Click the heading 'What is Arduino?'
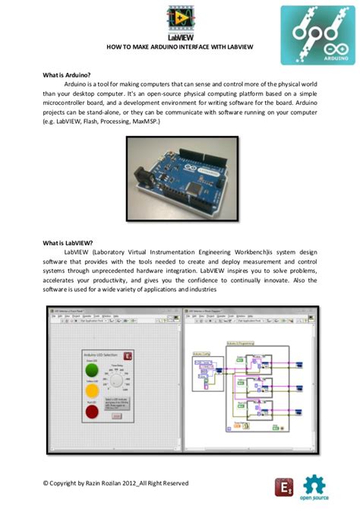pyautogui.click(x=67, y=75)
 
